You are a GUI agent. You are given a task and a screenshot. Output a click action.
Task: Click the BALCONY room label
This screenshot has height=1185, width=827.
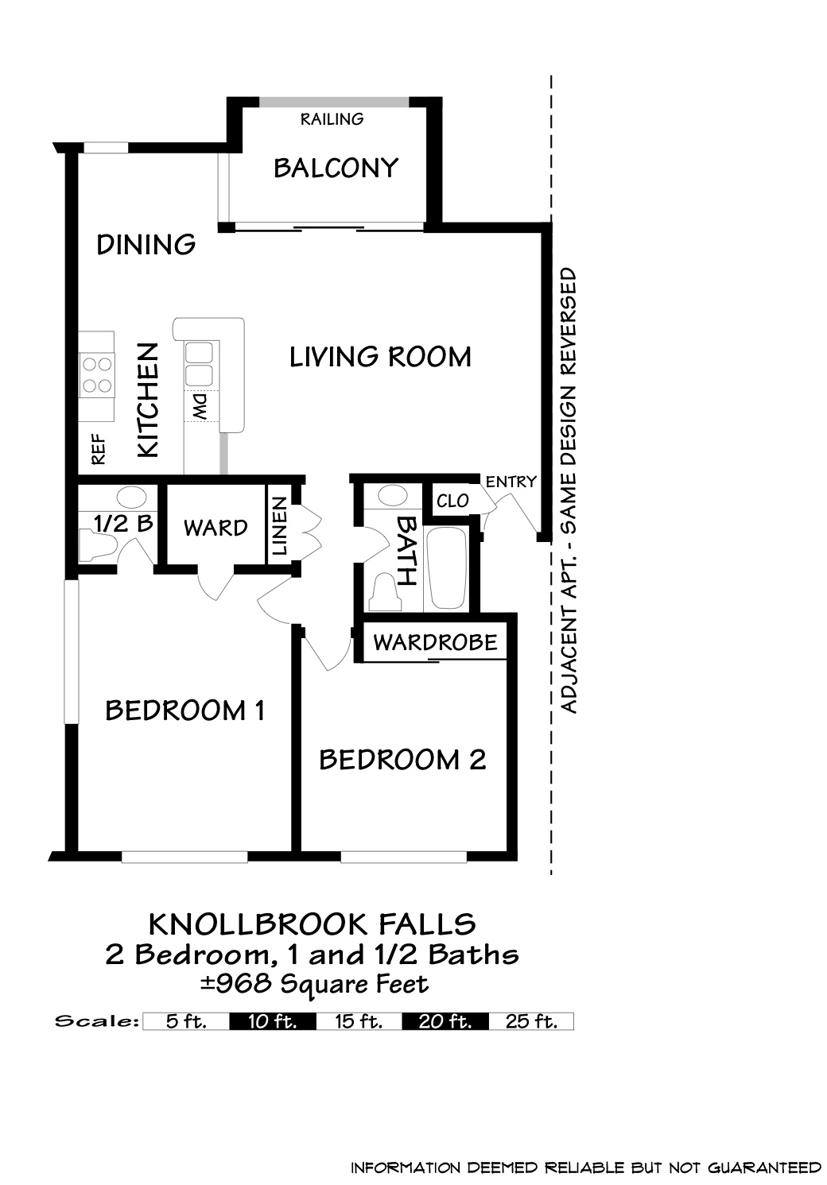(x=336, y=168)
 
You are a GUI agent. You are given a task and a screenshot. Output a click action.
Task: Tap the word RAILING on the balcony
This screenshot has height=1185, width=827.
(x=332, y=119)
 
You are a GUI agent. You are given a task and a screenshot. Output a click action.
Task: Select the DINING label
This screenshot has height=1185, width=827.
(x=146, y=245)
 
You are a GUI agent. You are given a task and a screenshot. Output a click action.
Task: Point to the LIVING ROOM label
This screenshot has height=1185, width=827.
(x=380, y=357)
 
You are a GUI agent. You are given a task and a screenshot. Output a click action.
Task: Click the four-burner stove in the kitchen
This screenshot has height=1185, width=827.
(x=97, y=375)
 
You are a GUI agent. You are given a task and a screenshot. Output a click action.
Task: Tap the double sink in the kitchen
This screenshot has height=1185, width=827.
(x=199, y=364)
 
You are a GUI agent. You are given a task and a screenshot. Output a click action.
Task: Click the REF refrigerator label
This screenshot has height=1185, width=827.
(x=99, y=450)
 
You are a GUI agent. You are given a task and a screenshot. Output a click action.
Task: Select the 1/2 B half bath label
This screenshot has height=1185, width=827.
(x=123, y=524)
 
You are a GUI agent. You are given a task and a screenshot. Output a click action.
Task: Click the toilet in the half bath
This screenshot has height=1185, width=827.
(x=98, y=546)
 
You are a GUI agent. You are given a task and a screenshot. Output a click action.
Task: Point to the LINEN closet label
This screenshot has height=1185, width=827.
(x=279, y=525)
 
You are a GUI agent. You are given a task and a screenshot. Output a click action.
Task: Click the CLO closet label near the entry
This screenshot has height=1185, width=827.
(x=452, y=501)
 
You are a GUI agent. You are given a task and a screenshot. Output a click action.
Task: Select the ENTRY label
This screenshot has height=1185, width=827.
(x=511, y=482)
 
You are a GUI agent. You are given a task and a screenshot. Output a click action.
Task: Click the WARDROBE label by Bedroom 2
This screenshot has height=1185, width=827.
(x=435, y=643)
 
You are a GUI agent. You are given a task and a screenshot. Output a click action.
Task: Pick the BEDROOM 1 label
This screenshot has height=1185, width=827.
(x=184, y=711)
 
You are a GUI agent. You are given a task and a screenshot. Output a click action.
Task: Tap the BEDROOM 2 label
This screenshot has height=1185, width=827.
(x=402, y=761)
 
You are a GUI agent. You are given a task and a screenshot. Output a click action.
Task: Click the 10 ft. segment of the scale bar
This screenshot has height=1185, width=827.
(x=273, y=1021)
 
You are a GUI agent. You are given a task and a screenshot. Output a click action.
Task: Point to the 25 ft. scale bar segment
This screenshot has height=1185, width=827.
(x=531, y=1021)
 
